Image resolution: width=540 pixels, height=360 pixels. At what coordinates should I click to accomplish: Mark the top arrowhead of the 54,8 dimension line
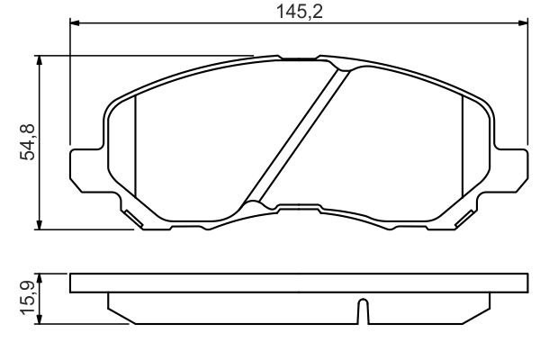tap(39, 60)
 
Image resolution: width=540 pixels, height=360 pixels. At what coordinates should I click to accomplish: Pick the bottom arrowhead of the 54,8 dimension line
tap(39, 224)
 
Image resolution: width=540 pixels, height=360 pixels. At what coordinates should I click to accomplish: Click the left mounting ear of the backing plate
tap(85, 166)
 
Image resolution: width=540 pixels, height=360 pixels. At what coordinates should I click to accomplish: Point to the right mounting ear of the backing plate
tap(509, 166)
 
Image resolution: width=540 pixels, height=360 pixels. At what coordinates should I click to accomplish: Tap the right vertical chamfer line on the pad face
tap(462, 148)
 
